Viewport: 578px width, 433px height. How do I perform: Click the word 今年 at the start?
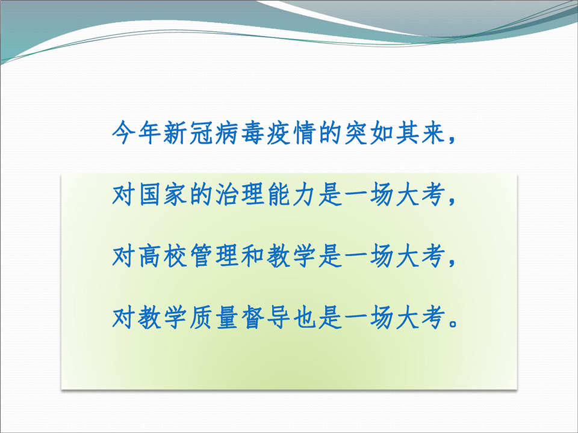(x=137, y=132)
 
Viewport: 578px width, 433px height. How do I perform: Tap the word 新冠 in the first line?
(x=188, y=132)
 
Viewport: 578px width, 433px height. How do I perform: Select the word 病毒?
(x=240, y=132)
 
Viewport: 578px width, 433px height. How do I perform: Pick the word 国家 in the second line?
(x=162, y=194)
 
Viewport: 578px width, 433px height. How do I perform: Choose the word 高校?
(x=162, y=256)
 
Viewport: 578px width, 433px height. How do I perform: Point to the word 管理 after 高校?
(x=214, y=256)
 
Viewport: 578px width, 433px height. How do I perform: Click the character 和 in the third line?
(x=252, y=256)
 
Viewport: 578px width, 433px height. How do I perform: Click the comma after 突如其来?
(x=452, y=140)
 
